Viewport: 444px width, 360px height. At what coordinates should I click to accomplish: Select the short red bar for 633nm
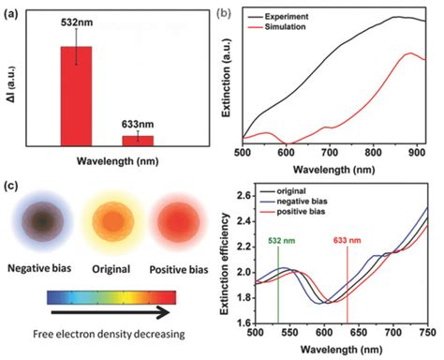coord(138,140)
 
